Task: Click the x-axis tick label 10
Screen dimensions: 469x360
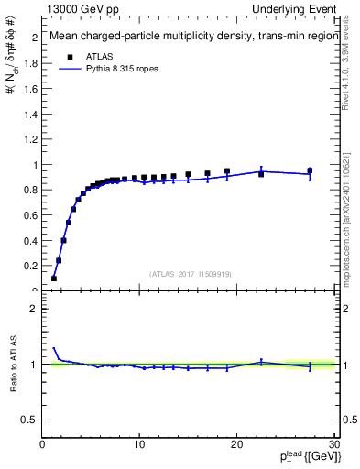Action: [x=139, y=443]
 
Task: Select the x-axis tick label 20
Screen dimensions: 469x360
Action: [x=236, y=443]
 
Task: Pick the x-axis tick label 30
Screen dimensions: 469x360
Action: [x=333, y=443]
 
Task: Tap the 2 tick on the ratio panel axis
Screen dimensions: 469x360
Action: [x=35, y=309]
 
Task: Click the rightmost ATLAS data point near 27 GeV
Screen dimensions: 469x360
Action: [x=310, y=170]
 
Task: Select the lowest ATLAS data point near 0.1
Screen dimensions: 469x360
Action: [x=54, y=278]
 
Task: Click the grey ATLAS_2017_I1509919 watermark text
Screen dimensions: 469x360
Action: [x=190, y=272]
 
